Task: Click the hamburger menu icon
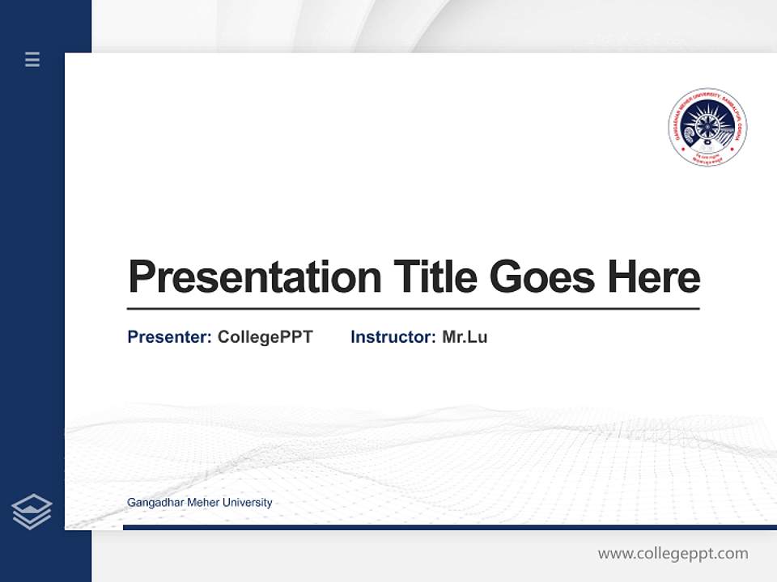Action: pyautogui.click(x=32, y=59)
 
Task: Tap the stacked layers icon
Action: pyautogui.click(x=32, y=511)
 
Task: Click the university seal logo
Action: pyautogui.click(x=707, y=128)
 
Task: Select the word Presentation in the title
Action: pyautogui.click(x=254, y=277)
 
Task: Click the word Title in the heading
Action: pyautogui.click(x=435, y=277)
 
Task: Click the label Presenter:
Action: pyautogui.click(x=169, y=337)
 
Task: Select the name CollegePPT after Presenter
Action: pyautogui.click(x=265, y=337)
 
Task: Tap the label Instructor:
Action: pyautogui.click(x=393, y=337)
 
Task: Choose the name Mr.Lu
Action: pyautogui.click(x=465, y=337)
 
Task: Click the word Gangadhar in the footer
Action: pyautogui.click(x=155, y=503)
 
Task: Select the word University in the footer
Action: pyautogui.click(x=248, y=503)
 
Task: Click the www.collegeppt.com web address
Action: pyautogui.click(x=673, y=554)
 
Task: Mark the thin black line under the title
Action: pyautogui.click(x=413, y=309)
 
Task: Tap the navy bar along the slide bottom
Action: pyautogui.click(x=449, y=527)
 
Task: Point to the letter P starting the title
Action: pyautogui.click(x=142, y=277)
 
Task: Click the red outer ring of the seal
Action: pyautogui.click(x=707, y=91)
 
